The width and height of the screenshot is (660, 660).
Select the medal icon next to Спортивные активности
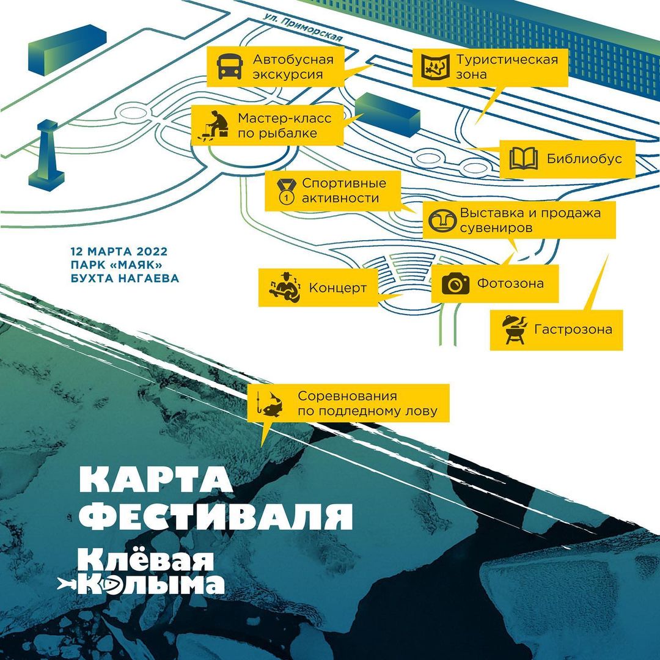(285, 191)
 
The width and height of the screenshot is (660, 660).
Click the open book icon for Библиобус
(524, 159)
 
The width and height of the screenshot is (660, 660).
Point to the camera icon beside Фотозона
(455, 284)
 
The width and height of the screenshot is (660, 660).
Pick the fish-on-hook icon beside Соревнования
(271, 403)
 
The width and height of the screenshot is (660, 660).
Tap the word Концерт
(337, 288)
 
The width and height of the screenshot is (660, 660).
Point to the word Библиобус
(584, 159)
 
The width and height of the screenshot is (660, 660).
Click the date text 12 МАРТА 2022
(119, 251)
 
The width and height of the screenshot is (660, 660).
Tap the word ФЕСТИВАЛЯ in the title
(216, 516)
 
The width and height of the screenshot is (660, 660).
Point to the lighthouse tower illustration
(46, 153)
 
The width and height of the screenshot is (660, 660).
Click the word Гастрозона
(573, 329)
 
